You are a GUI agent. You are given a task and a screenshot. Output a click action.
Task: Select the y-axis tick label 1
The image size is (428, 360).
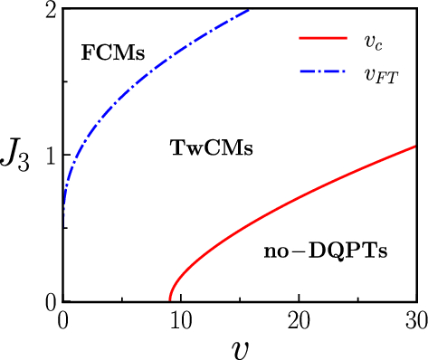pyautogui.click(x=51, y=155)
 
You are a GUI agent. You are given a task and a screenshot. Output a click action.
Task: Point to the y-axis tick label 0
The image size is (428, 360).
pyautogui.click(x=51, y=300)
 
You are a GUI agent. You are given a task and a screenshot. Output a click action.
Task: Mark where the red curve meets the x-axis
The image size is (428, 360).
pyautogui.click(x=169, y=300)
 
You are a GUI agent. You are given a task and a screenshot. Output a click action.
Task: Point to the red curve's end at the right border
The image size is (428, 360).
pyautogui.click(x=415, y=146)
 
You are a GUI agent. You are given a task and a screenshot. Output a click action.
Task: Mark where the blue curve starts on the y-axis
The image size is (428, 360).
pyautogui.click(x=63, y=210)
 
